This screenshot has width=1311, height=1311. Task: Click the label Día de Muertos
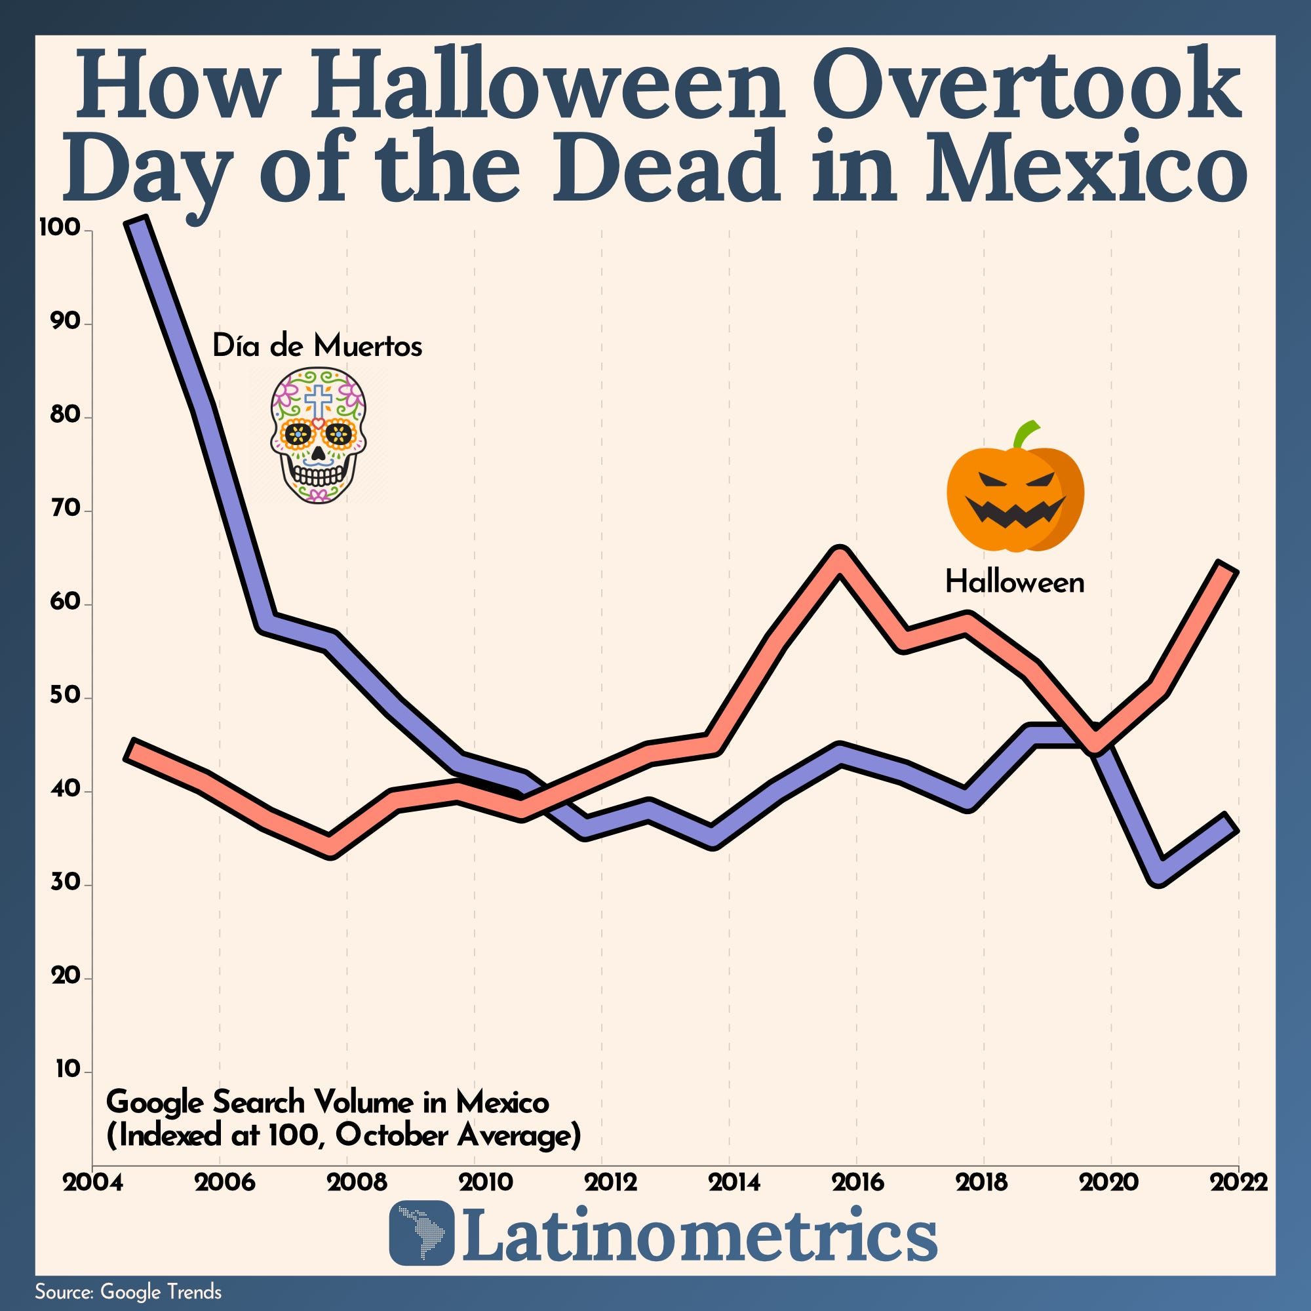tap(317, 346)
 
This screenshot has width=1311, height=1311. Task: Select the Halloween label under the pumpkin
tap(1015, 582)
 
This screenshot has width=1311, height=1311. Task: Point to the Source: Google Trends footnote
tap(128, 1291)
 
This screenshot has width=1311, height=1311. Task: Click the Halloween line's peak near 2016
tap(840, 559)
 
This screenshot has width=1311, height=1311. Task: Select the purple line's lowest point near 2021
tap(1159, 872)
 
